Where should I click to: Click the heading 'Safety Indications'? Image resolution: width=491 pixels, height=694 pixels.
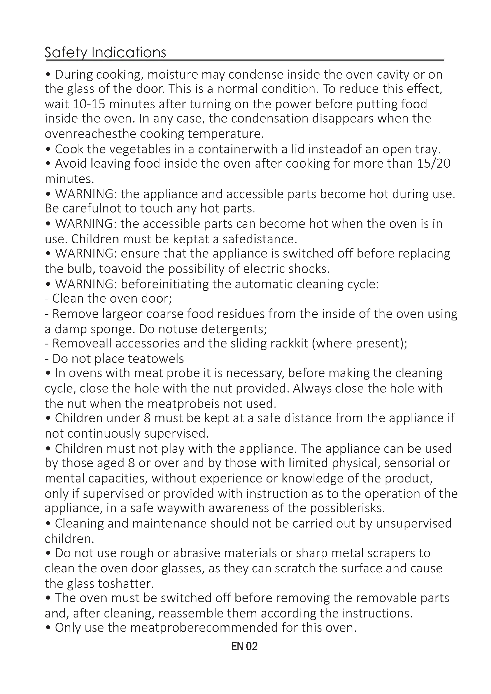pyautogui.click(x=105, y=53)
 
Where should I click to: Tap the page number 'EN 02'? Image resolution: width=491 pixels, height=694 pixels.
pyautogui.click(x=244, y=647)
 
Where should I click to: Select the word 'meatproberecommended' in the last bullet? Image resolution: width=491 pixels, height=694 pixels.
pyautogui.click(x=204, y=628)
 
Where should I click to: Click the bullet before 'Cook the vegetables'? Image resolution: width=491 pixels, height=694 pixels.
pyautogui.click(x=48, y=149)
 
